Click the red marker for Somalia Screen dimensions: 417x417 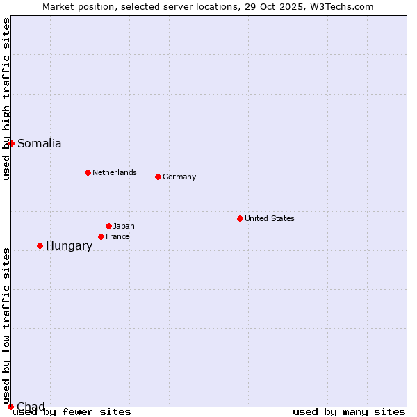coord(11,143)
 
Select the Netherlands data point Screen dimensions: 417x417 coord(88,172)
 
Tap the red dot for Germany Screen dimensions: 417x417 coord(158,177)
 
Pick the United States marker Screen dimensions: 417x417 coord(240,218)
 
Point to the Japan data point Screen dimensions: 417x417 coord(108,226)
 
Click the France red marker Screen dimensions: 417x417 coord(101,236)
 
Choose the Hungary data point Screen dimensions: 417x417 coord(40,245)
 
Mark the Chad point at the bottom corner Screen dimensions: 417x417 coord(10,407)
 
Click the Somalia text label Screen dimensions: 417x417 coord(40,144)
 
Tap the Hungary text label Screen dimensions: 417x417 coord(69,246)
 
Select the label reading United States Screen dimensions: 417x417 coord(270,218)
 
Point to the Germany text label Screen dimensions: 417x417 coord(179,177)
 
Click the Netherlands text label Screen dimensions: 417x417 coord(115,172)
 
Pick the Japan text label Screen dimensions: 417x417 coord(124,226)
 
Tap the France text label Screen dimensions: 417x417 coord(117,236)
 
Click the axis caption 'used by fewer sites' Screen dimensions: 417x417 coord(72,411)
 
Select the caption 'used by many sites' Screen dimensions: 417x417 coord(349,411)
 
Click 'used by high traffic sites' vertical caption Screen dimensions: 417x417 coord(7,99)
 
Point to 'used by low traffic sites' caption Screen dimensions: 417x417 coord(7,325)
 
